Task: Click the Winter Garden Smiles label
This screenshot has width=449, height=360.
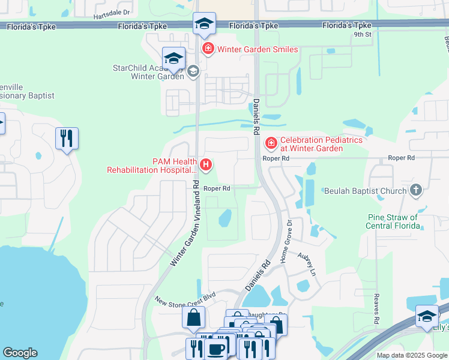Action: [258, 49]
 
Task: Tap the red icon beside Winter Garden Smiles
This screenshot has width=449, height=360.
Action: [208, 49]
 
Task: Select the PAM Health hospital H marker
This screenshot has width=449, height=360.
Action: [206, 164]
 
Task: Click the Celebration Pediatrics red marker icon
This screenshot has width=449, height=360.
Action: [271, 143]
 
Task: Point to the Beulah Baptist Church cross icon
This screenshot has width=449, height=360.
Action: [415, 190]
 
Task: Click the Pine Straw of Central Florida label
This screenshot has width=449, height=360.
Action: [393, 221]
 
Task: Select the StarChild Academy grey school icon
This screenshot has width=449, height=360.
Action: [193, 72]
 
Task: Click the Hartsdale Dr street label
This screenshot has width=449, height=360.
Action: [112, 12]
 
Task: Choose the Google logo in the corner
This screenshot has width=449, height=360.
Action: [20, 353]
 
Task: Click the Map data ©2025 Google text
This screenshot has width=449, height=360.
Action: [411, 355]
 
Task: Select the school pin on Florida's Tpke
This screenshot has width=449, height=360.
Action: [204, 24]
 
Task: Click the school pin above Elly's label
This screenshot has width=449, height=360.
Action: [427, 316]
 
